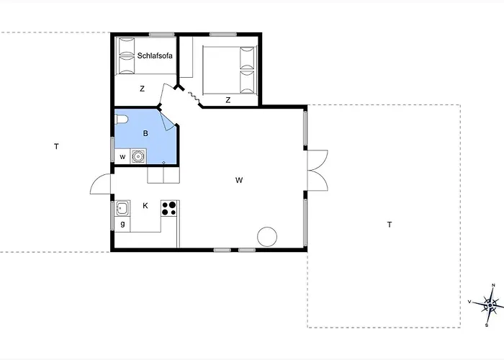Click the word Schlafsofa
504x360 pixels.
[155, 55]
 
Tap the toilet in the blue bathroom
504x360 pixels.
[122, 120]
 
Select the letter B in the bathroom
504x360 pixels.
[145, 133]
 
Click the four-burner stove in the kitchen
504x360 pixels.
[168, 208]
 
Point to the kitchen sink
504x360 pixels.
[122, 209]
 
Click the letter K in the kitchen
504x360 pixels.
[145, 206]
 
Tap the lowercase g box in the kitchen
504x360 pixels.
[122, 225]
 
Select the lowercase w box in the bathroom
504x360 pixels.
[122, 157]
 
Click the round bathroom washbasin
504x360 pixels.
[139, 156]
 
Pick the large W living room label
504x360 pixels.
[239, 180]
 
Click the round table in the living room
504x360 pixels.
[267, 237]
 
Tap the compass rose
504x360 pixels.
[489, 305]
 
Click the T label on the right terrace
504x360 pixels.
[390, 225]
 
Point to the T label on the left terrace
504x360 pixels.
[56, 147]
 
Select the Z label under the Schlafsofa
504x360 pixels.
[143, 89]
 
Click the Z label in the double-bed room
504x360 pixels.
[228, 100]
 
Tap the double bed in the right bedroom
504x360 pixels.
[230, 71]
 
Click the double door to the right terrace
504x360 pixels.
[318, 171]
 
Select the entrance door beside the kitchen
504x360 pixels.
[101, 184]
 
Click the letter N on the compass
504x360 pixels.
[494, 285]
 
